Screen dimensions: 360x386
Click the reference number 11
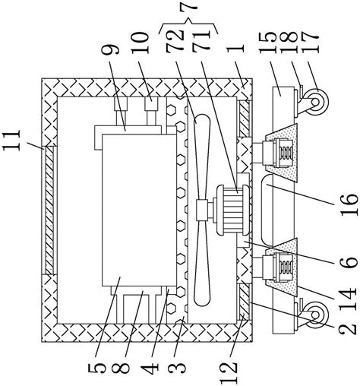point(11,141)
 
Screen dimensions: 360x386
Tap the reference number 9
point(110,48)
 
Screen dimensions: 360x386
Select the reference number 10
point(140,43)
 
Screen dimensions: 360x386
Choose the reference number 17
point(310,43)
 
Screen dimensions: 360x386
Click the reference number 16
point(349,205)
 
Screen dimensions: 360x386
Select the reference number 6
point(349,261)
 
